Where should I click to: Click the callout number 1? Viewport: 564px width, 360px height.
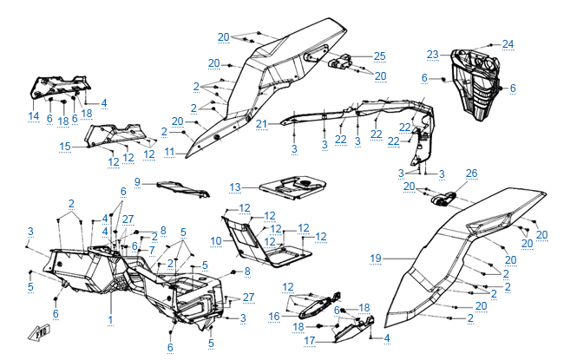coord(110,321)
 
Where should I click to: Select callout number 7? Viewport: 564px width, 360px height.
coord(152,250)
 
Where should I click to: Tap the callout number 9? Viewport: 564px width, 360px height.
coord(136,181)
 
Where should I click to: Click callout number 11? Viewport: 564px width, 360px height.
coord(170,151)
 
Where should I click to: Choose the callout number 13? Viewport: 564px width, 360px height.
coord(234,187)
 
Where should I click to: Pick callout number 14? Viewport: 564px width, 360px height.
coord(34,115)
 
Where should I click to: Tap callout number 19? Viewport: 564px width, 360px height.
coord(375,258)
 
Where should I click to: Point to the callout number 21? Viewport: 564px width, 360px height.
coord(260,124)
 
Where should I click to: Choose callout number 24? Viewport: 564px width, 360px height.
coord(508,44)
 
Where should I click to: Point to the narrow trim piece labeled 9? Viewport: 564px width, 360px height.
coord(178,187)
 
